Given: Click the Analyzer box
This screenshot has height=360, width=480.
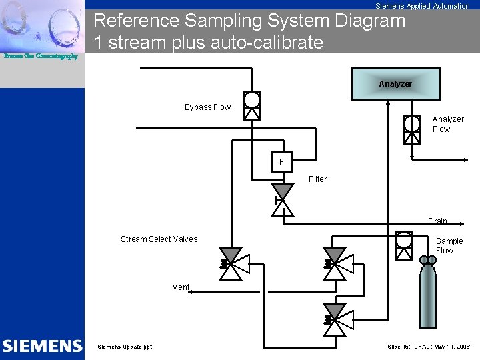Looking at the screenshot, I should (x=395, y=84).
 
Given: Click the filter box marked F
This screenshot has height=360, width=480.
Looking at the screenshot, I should (x=281, y=162).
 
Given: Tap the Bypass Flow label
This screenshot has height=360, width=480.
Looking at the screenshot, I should (x=207, y=107).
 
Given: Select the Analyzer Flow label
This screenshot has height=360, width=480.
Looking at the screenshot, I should (x=447, y=124).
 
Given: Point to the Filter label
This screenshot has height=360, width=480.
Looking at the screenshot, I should (x=317, y=179).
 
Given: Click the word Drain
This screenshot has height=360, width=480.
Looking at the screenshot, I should (x=437, y=221).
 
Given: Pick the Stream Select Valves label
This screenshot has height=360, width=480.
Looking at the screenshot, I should (x=159, y=239).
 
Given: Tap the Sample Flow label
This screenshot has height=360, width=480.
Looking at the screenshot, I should (x=449, y=246).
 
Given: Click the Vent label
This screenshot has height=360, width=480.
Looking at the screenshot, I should (x=181, y=287).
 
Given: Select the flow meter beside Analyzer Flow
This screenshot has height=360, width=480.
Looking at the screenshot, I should (x=412, y=129).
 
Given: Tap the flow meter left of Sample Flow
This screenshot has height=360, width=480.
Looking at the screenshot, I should (x=403, y=245).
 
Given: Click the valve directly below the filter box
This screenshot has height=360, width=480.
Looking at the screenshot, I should (x=283, y=200).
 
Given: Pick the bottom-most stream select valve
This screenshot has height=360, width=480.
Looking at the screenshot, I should (x=334, y=319).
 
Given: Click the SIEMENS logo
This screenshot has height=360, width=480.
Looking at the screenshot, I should (x=42, y=346).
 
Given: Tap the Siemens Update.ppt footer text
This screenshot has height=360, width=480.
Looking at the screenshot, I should (x=125, y=347).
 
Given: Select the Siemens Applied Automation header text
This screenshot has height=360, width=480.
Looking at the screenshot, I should (x=422, y=6).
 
